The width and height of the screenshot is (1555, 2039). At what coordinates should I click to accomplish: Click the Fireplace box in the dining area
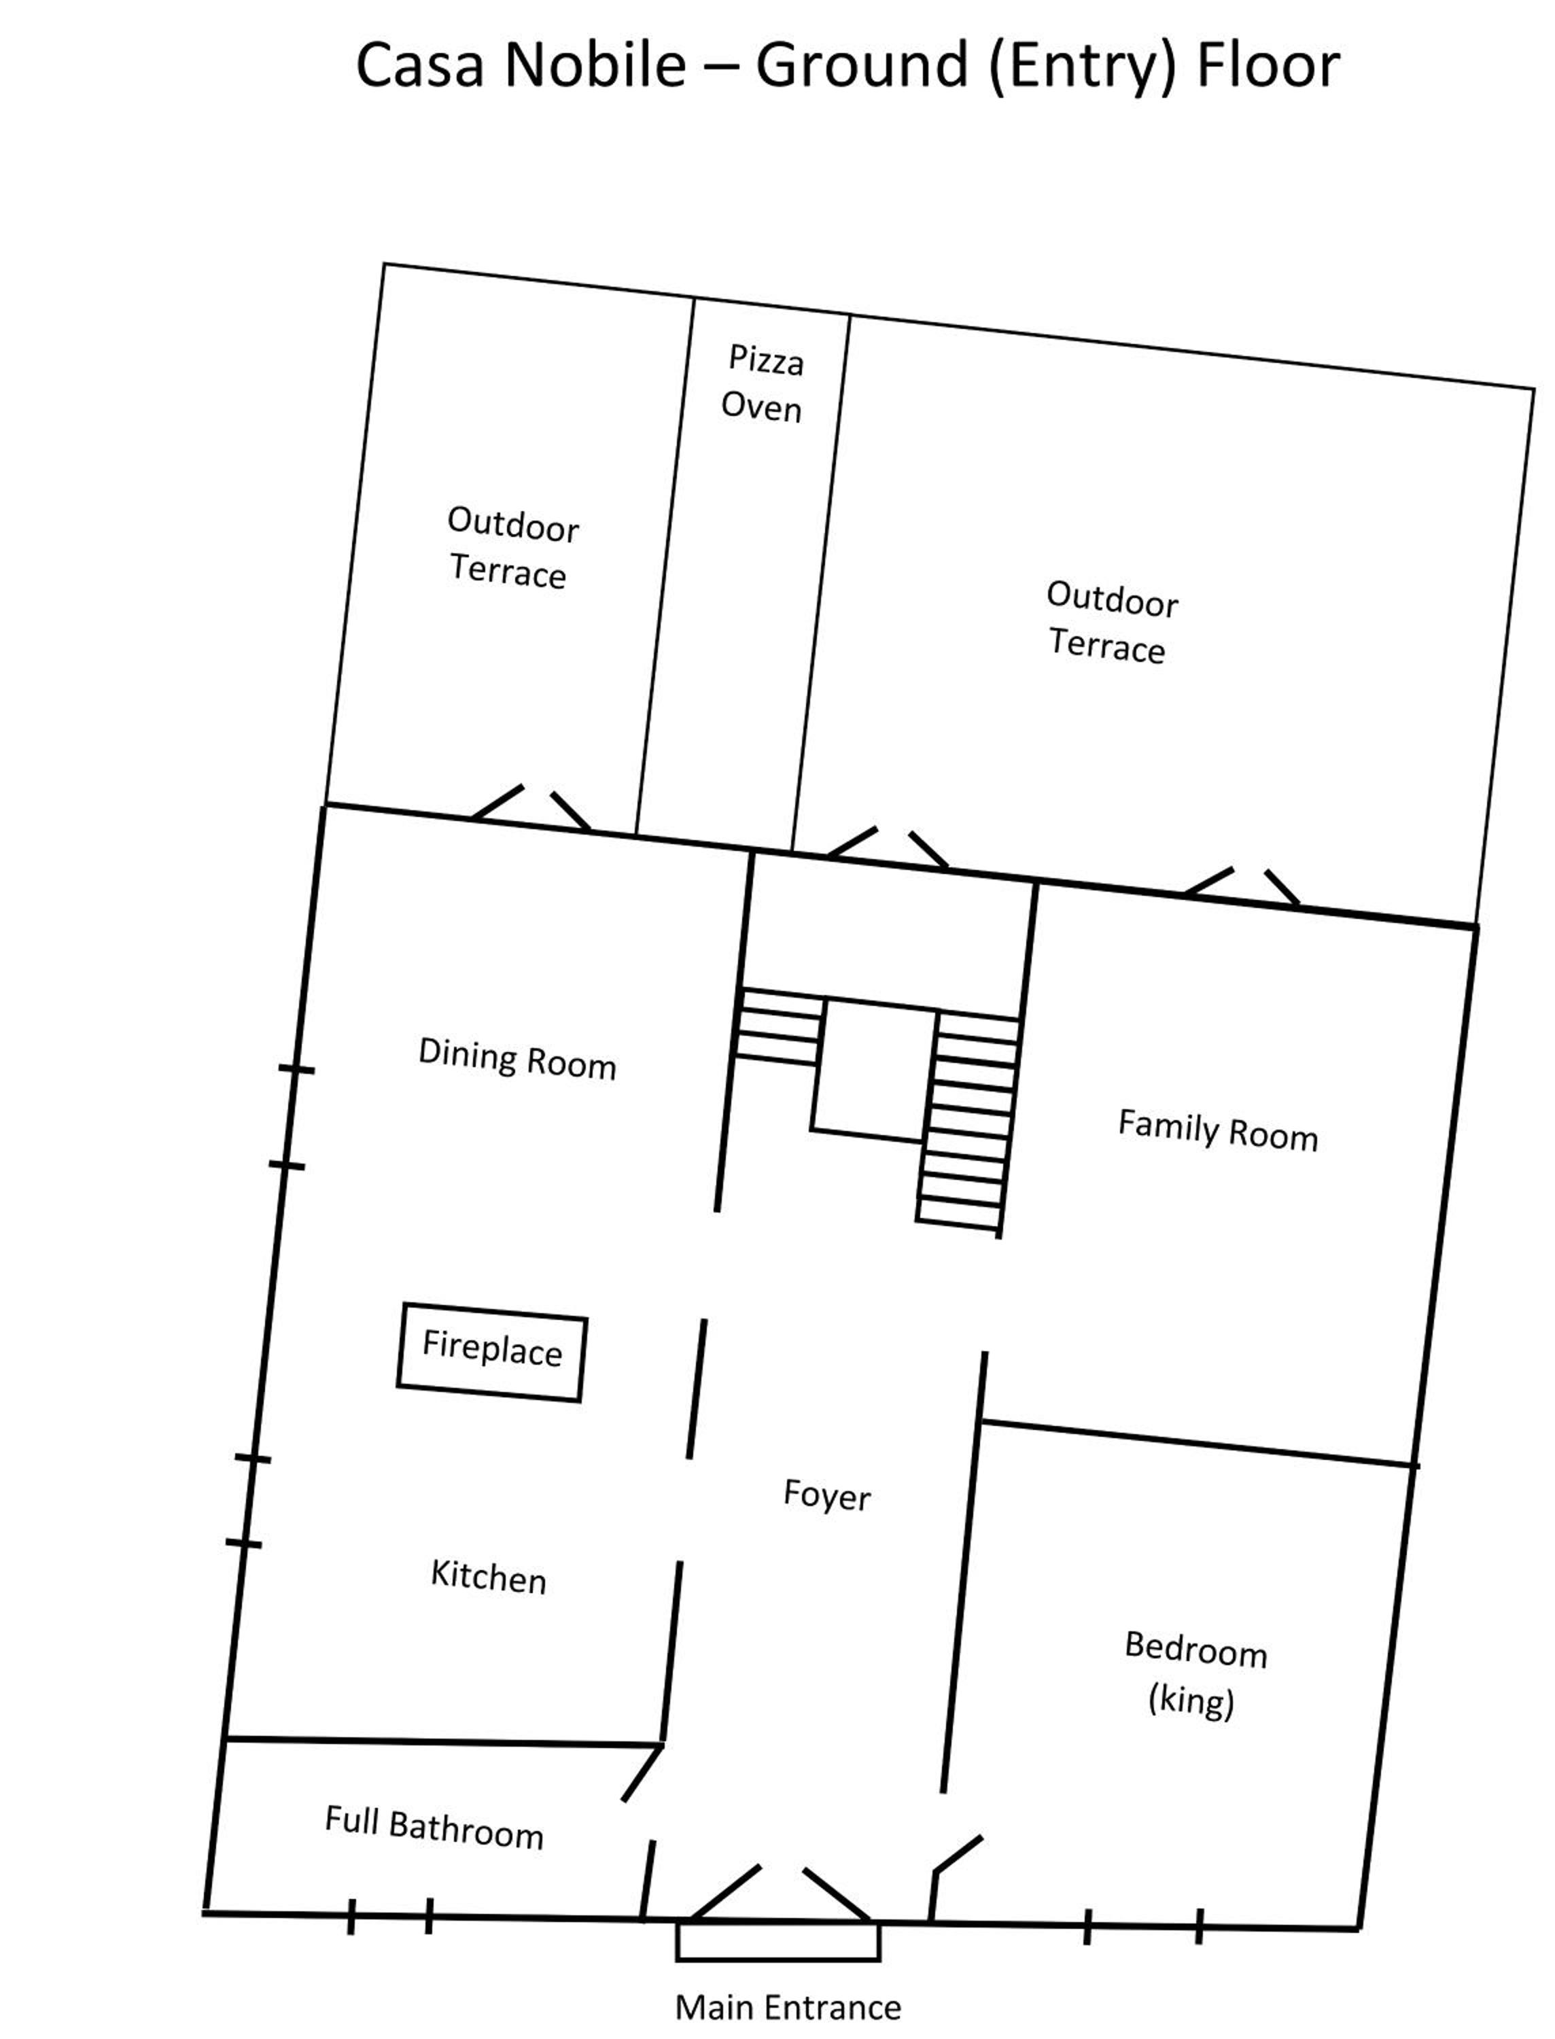[x=491, y=1353]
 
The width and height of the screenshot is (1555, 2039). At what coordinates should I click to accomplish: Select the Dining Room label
[x=517, y=1059]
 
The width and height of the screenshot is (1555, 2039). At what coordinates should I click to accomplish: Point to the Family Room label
[x=1218, y=1130]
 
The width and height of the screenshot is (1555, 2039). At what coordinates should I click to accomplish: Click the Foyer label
[x=826, y=1495]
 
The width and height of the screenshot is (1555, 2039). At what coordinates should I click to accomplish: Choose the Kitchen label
[x=489, y=1575]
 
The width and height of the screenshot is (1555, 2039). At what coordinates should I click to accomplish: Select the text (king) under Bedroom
[x=1191, y=1701]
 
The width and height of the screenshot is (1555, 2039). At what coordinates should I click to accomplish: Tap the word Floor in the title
[x=1268, y=65]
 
